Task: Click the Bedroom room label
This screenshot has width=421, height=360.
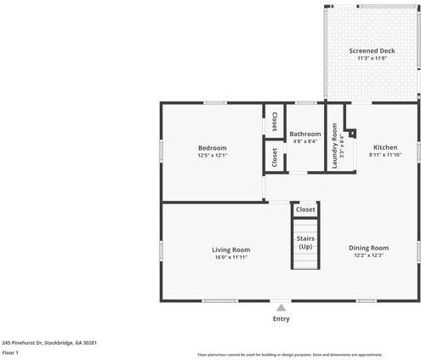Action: pyautogui.click(x=212, y=148)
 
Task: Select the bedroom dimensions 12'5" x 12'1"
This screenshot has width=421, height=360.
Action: pyautogui.click(x=212, y=156)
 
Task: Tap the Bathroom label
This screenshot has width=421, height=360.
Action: pyautogui.click(x=304, y=134)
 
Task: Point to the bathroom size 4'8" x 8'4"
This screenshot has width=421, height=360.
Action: pyautogui.click(x=304, y=141)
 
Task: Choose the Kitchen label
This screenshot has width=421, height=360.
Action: pyautogui.click(x=384, y=148)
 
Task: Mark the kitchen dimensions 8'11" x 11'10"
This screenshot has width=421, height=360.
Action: pyautogui.click(x=384, y=156)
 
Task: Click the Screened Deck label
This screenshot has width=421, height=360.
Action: pyautogui.click(x=373, y=51)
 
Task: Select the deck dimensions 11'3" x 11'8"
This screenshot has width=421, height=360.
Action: pyautogui.click(x=373, y=59)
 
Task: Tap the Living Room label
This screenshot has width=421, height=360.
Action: pyautogui.click(x=230, y=249)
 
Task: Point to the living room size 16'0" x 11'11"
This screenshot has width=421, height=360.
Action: pyautogui.click(x=230, y=257)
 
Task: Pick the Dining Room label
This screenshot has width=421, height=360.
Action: pyautogui.click(x=368, y=248)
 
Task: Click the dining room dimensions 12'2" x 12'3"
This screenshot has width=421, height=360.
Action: pyautogui.click(x=368, y=255)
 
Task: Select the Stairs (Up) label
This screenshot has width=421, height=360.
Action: pyautogui.click(x=305, y=242)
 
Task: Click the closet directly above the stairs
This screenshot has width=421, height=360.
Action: pyautogui.click(x=305, y=209)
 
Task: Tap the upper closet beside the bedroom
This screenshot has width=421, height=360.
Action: pyautogui.click(x=274, y=122)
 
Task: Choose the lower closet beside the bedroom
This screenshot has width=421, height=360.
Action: pyautogui.click(x=274, y=157)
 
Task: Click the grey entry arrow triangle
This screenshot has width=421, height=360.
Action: pyautogui.click(x=281, y=308)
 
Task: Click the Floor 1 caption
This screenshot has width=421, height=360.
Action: pyautogui.click(x=10, y=351)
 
